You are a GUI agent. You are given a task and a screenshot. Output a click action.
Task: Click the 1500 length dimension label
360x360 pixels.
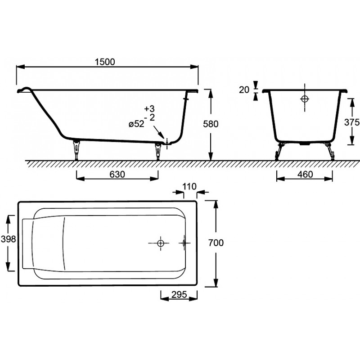(x=105, y=62)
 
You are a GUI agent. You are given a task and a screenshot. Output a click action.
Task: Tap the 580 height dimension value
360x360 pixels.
(x=211, y=124)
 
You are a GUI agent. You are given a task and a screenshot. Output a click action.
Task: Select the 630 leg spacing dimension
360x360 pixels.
(x=117, y=175)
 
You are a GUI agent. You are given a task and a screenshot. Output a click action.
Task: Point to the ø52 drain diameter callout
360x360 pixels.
(x=136, y=124)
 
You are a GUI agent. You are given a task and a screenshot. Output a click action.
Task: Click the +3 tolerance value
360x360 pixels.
(x=150, y=108)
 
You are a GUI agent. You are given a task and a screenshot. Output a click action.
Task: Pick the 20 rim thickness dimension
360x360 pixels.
(x=244, y=90)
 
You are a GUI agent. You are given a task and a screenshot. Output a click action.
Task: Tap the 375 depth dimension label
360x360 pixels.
(x=352, y=122)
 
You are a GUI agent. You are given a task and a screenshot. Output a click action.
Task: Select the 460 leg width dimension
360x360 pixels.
(x=305, y=175)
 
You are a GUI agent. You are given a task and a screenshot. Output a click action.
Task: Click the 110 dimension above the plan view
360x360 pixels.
(x=189, y=186)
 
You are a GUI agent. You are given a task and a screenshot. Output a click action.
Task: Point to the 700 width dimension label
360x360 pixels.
(x=216, y=243)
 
